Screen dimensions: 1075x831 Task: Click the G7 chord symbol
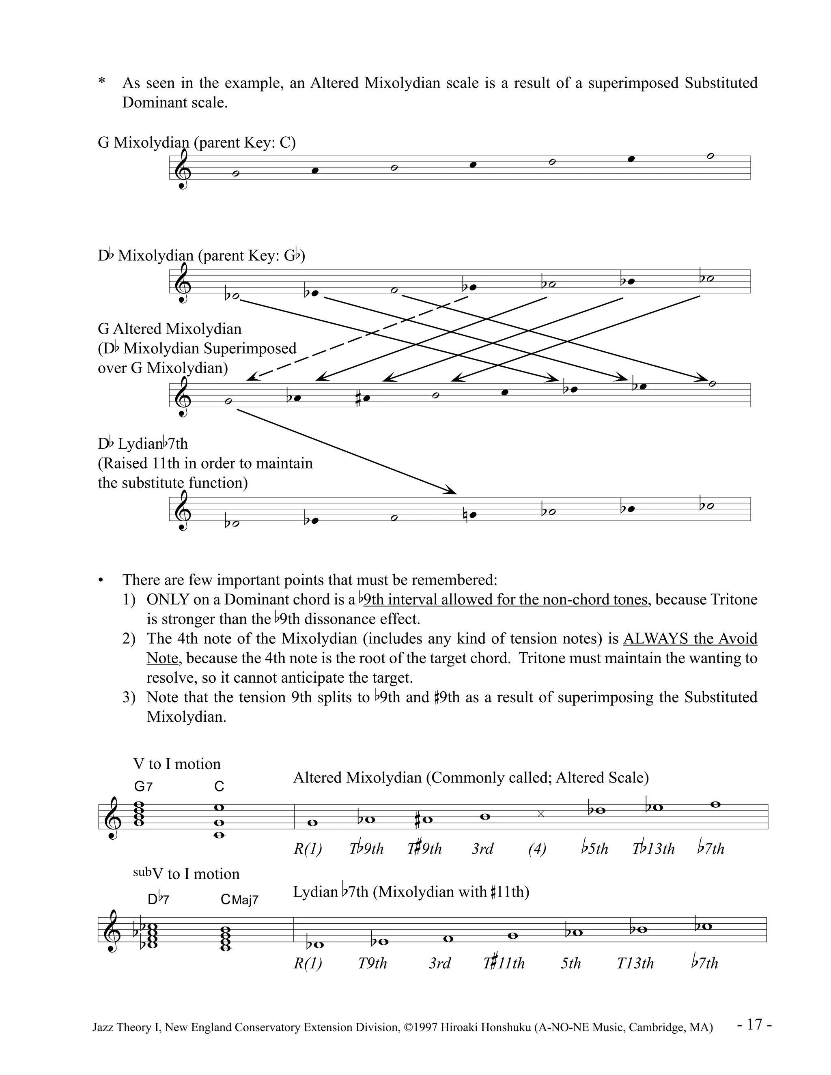tap(143, 787)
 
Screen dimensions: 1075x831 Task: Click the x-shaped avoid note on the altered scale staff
tap(540, 814)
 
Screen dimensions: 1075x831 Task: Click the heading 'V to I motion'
tap(177, 764)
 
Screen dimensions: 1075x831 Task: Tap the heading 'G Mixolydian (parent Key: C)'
tap(196, 143)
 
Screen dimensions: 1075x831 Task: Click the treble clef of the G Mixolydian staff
tap(183, 170)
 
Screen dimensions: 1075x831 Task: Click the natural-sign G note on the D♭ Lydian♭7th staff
tap(471, 515)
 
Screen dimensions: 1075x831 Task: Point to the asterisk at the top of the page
tap(102, 81)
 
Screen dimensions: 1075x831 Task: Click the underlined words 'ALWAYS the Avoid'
tap(690, 639)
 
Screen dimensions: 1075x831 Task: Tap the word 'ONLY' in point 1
tap(168, 600)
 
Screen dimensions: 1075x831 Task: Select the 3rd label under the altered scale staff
tap(482, 849)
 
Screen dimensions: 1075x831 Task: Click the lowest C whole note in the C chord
tap(219, 835)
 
